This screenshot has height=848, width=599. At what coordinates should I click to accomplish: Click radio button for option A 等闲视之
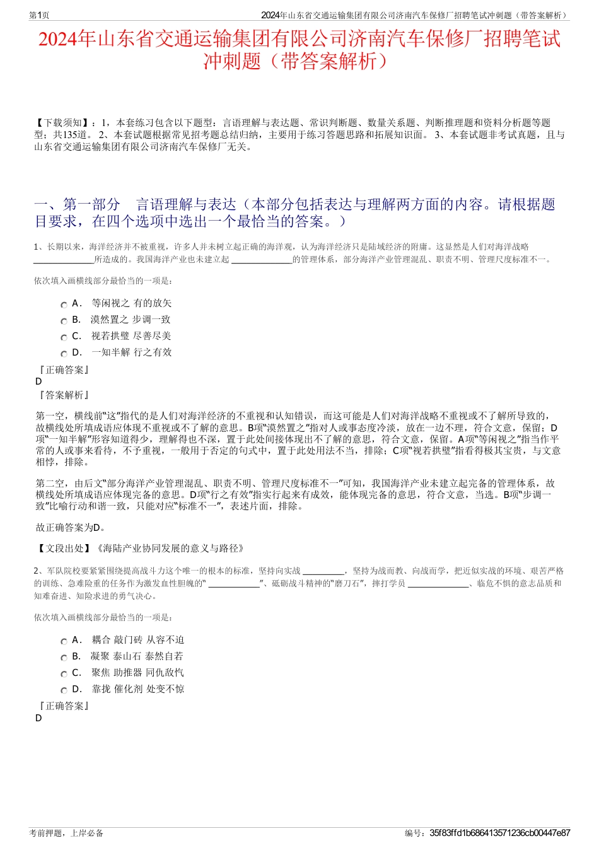click(64, 305)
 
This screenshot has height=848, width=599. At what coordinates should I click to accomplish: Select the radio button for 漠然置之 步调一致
click(64, 321)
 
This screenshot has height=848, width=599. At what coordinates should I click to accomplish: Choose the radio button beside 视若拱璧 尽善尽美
click(64, 337)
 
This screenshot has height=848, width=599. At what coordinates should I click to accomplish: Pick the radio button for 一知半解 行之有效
click(64, 354)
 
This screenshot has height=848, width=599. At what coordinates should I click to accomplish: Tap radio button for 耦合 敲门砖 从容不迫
click(64, 641)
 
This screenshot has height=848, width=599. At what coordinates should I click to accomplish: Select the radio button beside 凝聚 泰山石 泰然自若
click(64, 658)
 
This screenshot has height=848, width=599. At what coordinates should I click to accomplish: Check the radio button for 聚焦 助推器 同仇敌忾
click(64, 674)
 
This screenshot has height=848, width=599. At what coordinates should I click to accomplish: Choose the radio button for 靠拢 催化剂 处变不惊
click(64, 690)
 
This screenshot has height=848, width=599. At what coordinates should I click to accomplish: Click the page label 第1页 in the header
click(39, 15)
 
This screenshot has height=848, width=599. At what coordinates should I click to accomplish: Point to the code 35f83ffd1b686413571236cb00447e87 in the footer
click(499, 833)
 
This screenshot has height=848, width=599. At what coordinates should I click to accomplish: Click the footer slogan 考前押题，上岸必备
click(66, 833)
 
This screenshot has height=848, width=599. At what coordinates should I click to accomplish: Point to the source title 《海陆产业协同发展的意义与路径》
click(169, 549)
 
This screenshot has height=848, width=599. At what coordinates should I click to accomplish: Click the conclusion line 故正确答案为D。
click(71, 528)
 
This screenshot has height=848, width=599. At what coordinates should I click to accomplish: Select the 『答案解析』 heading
click(63, 395)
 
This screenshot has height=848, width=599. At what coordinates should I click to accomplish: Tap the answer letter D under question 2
click(38, 718)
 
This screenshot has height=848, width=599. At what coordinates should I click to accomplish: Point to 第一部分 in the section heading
click(91, 204)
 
